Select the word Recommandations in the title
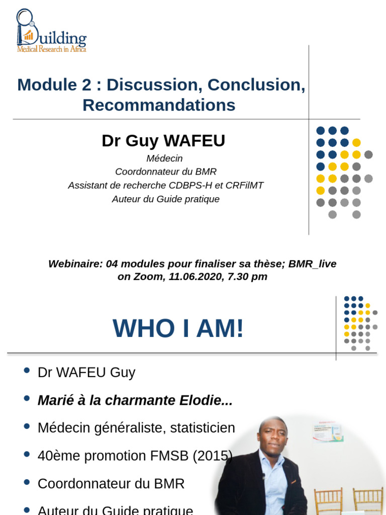tap(159, 105)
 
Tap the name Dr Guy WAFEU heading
tap(163, 141)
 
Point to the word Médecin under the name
tap(164, 158)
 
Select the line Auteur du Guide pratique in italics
tap(166, 199)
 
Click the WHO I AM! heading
tap(178, 328)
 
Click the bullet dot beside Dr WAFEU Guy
tap(27, 371)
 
